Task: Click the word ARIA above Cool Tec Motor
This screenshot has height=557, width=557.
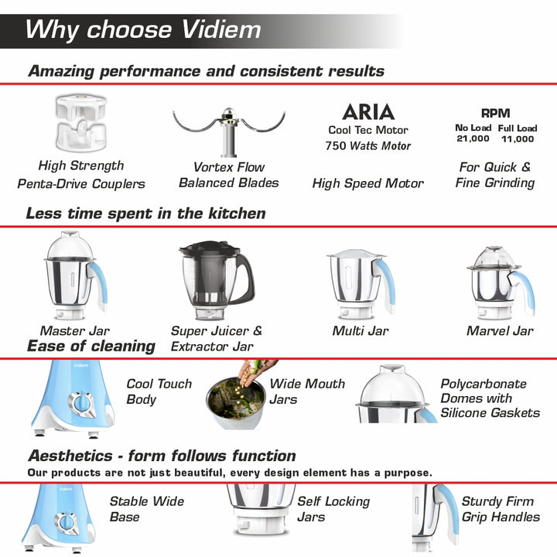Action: [368, 112]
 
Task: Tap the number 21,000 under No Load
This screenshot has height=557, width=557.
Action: [473, 138]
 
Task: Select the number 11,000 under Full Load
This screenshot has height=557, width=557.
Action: [518, 139]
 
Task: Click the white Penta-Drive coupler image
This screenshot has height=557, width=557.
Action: [81, 122]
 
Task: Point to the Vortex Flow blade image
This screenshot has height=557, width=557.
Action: [229, 132]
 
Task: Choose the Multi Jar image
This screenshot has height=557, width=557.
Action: [361, 283]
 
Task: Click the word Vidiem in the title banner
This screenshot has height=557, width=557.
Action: [221, 29]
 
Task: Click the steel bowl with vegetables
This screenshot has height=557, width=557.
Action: [236, 403]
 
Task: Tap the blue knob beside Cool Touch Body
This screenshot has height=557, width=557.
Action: [82, 404]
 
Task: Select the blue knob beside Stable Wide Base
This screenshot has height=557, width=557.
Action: [67, 523]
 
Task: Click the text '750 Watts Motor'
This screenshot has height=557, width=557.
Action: [368, 145]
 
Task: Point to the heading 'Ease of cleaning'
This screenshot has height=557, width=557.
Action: [91, 346]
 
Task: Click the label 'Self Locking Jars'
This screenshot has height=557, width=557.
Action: [333, 509]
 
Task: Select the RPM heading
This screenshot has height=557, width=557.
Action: [496, 113]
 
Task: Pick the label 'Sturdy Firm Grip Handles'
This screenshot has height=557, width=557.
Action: [501, 509]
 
